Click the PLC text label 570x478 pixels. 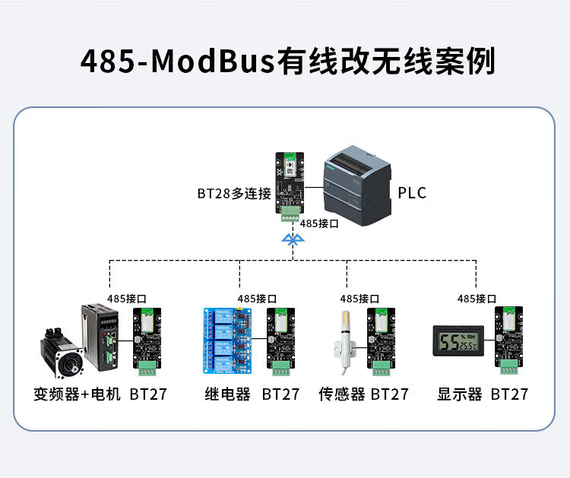[412, 193]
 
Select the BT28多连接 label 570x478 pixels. [234, 194]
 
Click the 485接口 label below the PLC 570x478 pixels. [319, 224]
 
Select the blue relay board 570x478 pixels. [228, 340]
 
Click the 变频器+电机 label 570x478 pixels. [78, 394]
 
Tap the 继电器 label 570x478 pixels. [227, 394]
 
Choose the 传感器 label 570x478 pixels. [342, 394]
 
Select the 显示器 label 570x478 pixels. [460, 394]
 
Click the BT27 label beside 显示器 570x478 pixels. [509, 394]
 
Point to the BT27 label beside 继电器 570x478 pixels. [280, 394]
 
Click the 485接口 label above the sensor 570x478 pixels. [359, 299]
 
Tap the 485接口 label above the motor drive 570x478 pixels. [127, 299]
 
